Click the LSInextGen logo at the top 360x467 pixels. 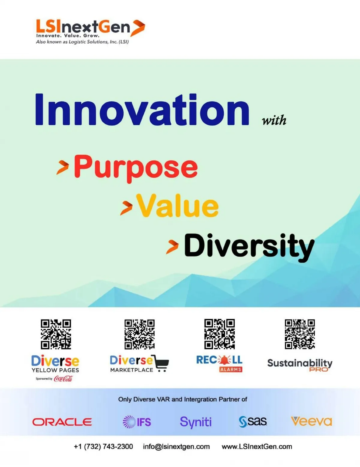tap(91, 31)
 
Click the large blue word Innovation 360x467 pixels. tap(142, 110)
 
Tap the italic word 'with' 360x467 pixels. tap(274, 120)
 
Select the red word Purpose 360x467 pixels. tap(136, 169)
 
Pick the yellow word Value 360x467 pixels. tap(177, 205)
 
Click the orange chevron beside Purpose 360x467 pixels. tap(63, 167)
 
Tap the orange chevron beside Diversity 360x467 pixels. tap(172, 247)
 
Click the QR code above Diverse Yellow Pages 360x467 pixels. tap(56, 334)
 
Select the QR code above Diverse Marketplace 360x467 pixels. tap(139, 334)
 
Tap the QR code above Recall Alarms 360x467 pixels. tap(220, 334)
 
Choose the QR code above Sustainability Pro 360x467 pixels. tap(300, 334)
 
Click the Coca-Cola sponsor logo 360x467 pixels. tap(63, 379)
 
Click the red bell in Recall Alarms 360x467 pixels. tap(224, 360)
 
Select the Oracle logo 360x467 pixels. tap(62, 422)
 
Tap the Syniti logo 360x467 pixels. tap(196, 422)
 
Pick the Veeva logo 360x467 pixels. tap(311, 421)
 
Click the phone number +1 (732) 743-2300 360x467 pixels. tap(103, 447)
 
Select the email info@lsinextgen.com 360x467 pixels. tap(176, 447)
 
